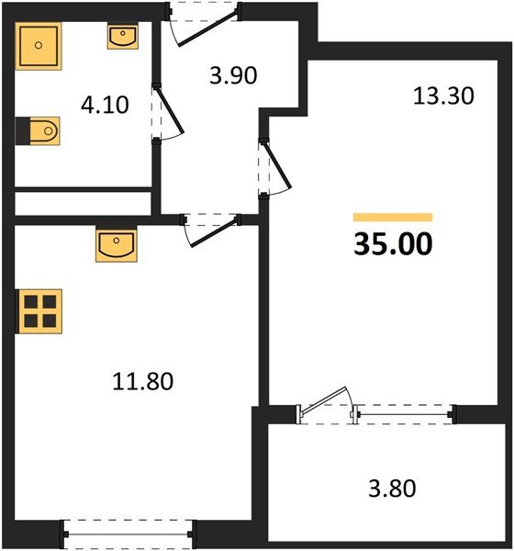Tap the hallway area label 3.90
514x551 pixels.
230,76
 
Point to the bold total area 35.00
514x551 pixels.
393,245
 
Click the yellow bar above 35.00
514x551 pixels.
393,218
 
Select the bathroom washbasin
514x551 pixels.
123,36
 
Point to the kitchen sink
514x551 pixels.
116,245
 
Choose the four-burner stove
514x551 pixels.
39,310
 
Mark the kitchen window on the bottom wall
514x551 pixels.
128,531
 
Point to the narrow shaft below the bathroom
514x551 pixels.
83,201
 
